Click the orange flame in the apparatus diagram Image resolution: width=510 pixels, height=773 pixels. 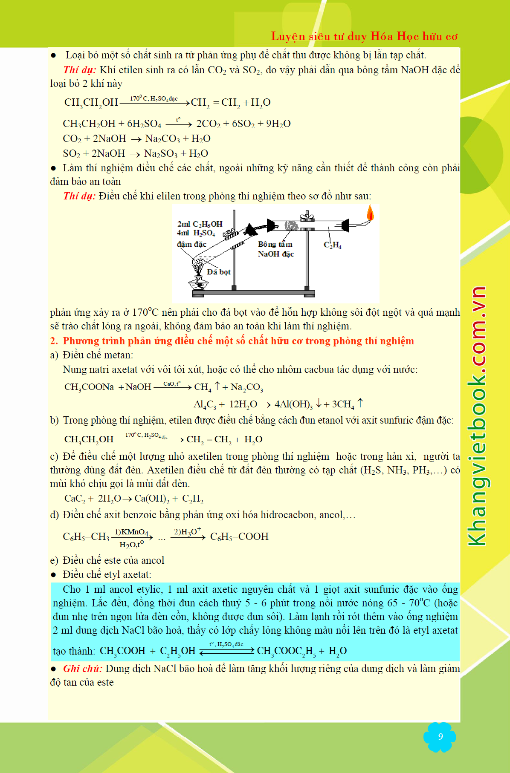(370, 213)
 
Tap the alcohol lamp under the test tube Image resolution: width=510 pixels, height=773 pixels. (199, 283)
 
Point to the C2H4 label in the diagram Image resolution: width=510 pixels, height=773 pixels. (333, 245)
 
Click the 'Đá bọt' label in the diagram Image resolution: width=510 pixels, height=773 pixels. (219, 272)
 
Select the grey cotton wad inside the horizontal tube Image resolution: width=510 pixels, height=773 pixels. (292, 225)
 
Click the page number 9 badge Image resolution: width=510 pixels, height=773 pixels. (440, 736)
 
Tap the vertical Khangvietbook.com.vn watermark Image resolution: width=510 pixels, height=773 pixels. (478, 415)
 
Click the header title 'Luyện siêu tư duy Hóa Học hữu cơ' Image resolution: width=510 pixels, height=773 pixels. (364, 36)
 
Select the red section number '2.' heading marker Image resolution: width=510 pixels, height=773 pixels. (54, 341)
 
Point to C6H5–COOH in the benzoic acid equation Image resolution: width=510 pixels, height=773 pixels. (239, 536)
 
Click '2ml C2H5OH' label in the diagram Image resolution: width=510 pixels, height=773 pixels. (200, 224)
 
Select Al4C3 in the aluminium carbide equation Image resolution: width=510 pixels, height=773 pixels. (205, 404)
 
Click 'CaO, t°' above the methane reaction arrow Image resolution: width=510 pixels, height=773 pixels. (172, 384)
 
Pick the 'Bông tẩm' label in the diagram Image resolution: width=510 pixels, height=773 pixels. (275, 244)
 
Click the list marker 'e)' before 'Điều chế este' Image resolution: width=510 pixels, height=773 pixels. (54, 560)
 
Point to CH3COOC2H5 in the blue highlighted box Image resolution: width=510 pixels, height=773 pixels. (286, 651)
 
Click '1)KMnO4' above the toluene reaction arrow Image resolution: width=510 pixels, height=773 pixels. (131, 532)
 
